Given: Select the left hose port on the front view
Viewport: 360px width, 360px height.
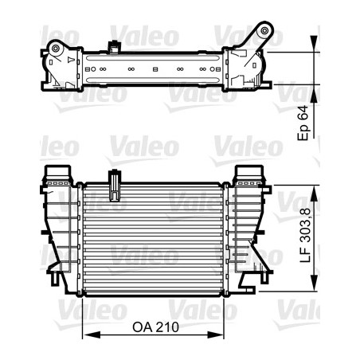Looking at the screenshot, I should tap(57, 174).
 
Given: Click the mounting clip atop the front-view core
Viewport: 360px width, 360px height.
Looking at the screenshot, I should tap(117, 184).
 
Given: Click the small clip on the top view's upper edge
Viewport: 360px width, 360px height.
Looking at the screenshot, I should tap(117, 45).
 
